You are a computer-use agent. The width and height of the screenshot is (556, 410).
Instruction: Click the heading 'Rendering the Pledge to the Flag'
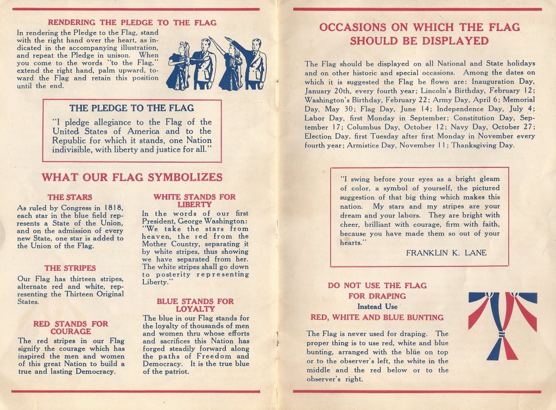(132, 23)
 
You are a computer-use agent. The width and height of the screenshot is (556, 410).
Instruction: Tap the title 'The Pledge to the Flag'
(131, 108)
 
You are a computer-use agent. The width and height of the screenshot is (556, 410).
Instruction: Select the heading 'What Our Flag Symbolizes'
(132, 177)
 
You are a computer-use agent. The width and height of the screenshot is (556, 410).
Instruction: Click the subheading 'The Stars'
(69, 197)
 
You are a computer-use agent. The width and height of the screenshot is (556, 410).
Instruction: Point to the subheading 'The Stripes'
(70, 268)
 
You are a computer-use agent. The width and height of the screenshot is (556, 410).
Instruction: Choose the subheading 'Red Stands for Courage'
(71, 327)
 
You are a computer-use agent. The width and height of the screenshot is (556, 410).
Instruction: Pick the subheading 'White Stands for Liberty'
(194, 200)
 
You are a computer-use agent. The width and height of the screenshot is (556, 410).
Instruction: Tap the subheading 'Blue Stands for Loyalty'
(195, 305)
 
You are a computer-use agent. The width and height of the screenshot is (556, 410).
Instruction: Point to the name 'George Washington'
(212, 221)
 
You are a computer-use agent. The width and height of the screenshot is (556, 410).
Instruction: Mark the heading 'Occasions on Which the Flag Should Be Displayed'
(419, 34)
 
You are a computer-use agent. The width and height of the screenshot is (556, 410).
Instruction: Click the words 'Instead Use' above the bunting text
(377, 307)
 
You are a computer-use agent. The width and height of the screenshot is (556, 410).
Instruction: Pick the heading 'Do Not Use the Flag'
(377, 285)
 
